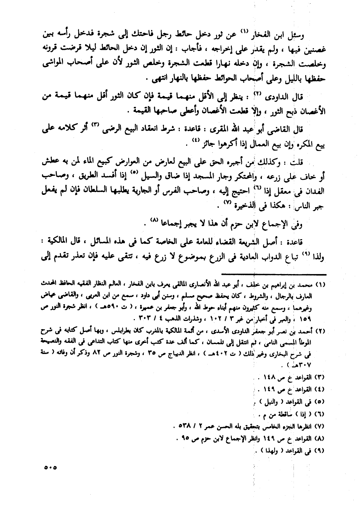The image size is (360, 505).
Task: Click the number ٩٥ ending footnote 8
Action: (x=183, y=438)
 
